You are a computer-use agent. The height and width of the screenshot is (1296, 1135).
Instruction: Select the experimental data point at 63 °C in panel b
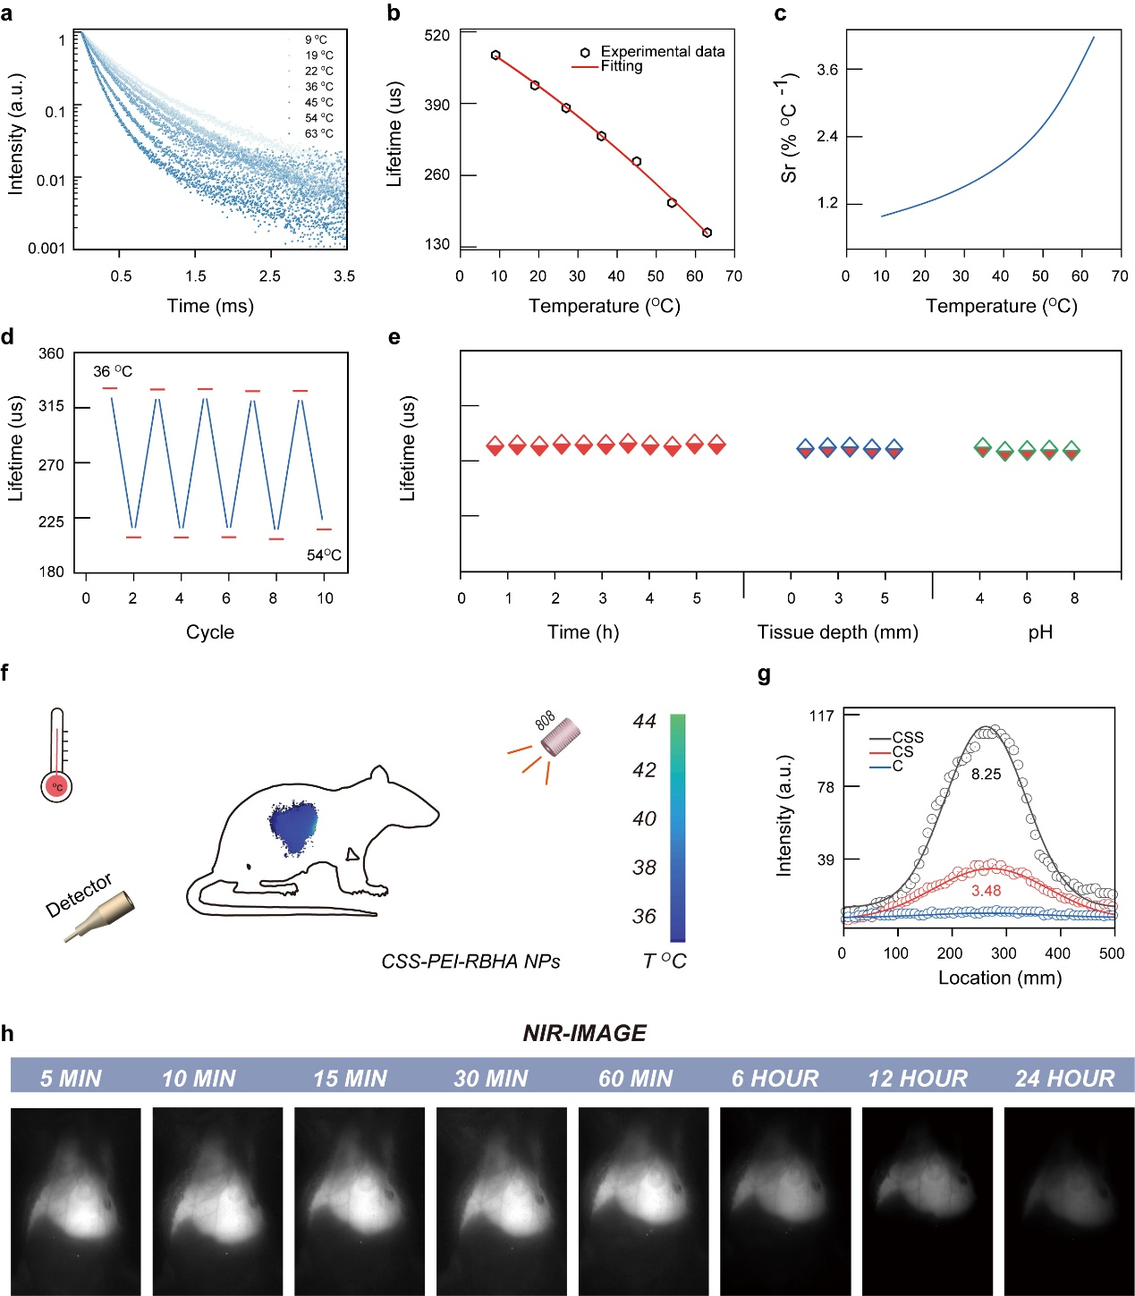pos(707,233)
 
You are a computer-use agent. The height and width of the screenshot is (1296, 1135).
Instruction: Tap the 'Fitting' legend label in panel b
pos(622,66)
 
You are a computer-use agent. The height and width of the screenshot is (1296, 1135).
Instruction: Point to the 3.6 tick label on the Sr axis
pos(827,70)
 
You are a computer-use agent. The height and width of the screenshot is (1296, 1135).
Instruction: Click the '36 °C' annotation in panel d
pos(113,371)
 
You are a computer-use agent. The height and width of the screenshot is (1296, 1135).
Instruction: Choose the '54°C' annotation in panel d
pos(324,555)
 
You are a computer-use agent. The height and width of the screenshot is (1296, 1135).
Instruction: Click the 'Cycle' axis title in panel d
pos(210,632)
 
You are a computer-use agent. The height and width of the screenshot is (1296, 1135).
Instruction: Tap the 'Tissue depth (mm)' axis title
pos(838,632)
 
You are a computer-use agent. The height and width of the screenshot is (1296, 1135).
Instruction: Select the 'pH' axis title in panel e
pos(1040,632)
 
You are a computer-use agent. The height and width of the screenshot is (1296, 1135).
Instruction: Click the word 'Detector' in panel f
pos(80,894)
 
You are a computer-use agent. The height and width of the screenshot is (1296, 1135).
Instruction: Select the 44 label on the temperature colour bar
pos(645,721)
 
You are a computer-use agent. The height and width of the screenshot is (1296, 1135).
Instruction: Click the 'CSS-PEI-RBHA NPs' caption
pos(470,961)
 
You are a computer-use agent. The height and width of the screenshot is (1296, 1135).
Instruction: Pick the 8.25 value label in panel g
pos(986,775)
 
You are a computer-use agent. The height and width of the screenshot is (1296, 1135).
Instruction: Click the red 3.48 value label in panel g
pos(986,891)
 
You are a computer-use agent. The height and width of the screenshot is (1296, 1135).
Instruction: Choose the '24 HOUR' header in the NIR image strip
pos(1064,1079)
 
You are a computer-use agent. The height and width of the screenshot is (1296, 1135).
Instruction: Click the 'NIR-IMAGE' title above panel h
pos(584,1033)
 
